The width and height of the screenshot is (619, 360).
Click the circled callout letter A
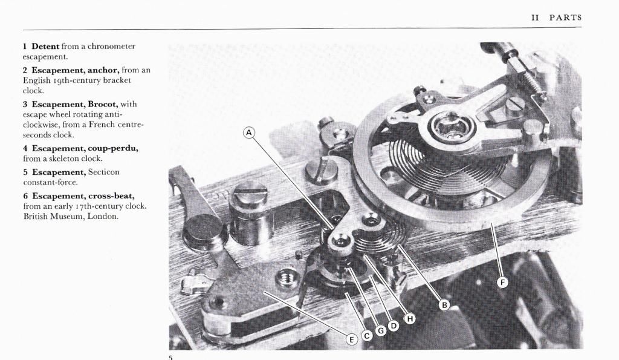tap(248, 133)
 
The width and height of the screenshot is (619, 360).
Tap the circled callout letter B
tap(444, 305)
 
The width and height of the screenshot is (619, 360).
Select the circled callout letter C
tap(367, 336)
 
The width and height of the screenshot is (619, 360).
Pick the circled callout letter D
tap(393, 326)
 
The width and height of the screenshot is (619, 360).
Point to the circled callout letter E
tap(351, 339)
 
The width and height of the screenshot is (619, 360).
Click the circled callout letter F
tap(502, 282)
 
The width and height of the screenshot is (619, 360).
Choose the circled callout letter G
tap(381, 330)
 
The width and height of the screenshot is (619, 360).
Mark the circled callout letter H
tap(410, 318)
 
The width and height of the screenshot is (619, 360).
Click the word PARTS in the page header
tap(565, 18)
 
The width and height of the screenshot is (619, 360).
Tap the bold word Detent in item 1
tap(45, 46)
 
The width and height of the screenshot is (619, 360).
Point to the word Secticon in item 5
tap(103, 172)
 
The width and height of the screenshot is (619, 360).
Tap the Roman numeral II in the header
tap(535, 18)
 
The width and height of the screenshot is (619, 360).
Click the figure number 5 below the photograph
tap(170, 357)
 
